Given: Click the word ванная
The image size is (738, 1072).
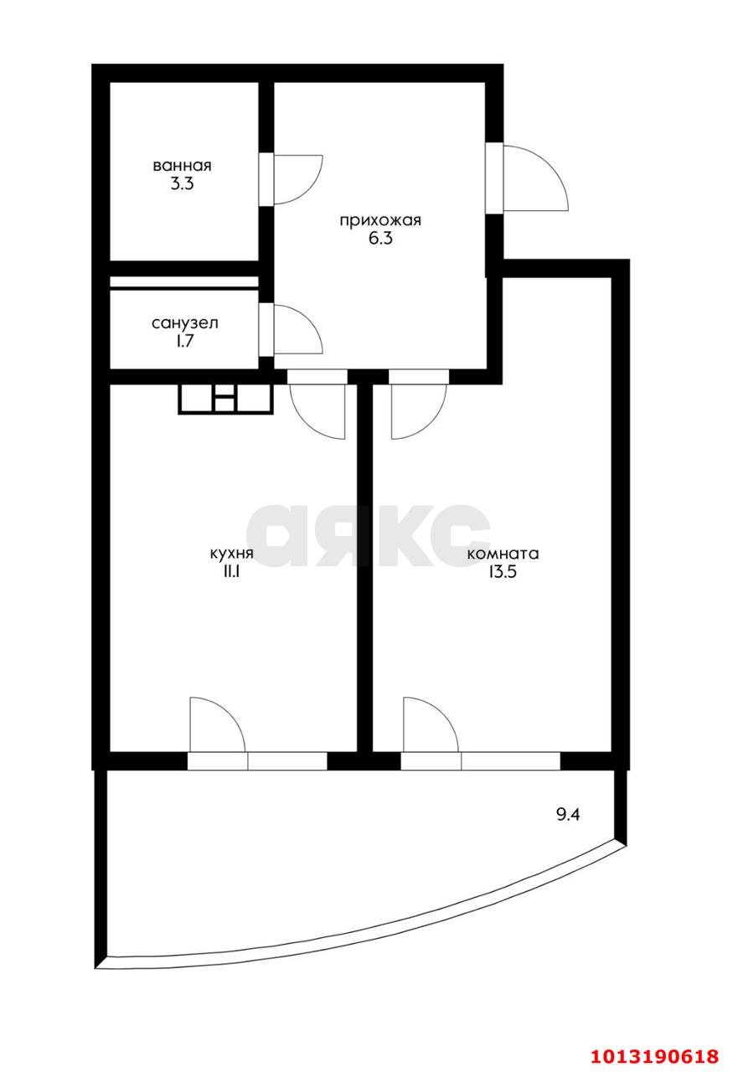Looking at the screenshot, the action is click(182, 166).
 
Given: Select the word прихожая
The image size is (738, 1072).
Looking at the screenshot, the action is click(380, 220).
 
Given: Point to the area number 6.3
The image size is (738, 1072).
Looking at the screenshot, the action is click(380, 239).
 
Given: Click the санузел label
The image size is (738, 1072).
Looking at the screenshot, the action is click(185, 323).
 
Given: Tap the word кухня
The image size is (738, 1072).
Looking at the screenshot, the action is click(232, 554).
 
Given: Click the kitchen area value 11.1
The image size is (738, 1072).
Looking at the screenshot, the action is click(232, 572).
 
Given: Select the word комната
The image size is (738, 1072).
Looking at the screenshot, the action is click(503, 554).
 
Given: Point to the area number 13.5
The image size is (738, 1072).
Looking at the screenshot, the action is click(503, 572).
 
